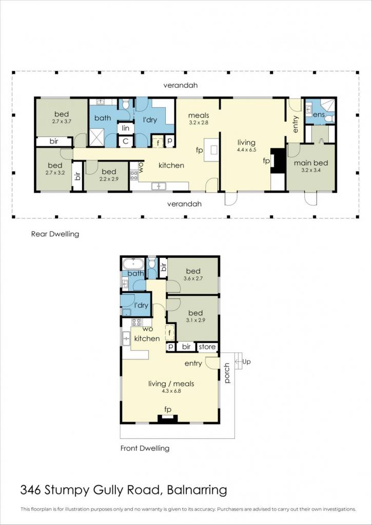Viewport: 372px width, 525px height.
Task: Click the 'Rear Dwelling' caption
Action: point(55,234)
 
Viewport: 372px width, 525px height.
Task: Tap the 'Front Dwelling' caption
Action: point(145,448)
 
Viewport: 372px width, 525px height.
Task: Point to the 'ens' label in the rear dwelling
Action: point(319,115)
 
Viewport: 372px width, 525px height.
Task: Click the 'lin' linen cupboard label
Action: point(126,128)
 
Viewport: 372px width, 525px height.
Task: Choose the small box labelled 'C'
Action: point(126,141)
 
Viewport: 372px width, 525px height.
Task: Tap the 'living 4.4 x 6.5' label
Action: point(246,146)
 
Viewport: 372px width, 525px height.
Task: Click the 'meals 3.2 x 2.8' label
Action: point(199,118)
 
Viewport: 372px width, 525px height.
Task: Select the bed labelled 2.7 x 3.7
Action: point(62,117)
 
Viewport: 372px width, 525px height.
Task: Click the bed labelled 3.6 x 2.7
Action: point(193,274)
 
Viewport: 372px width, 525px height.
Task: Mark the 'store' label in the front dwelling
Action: point(207,347)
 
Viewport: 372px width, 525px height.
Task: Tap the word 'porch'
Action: point(227,373)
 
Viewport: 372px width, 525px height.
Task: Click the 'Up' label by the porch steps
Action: point(246,361)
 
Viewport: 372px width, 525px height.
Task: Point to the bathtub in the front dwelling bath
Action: point(133,264)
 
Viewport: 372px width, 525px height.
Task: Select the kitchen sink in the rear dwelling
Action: point(158,186)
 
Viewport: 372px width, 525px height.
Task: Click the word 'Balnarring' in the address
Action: point(197,490)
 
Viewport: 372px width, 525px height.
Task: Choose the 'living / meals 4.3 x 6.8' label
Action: point(171,387)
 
